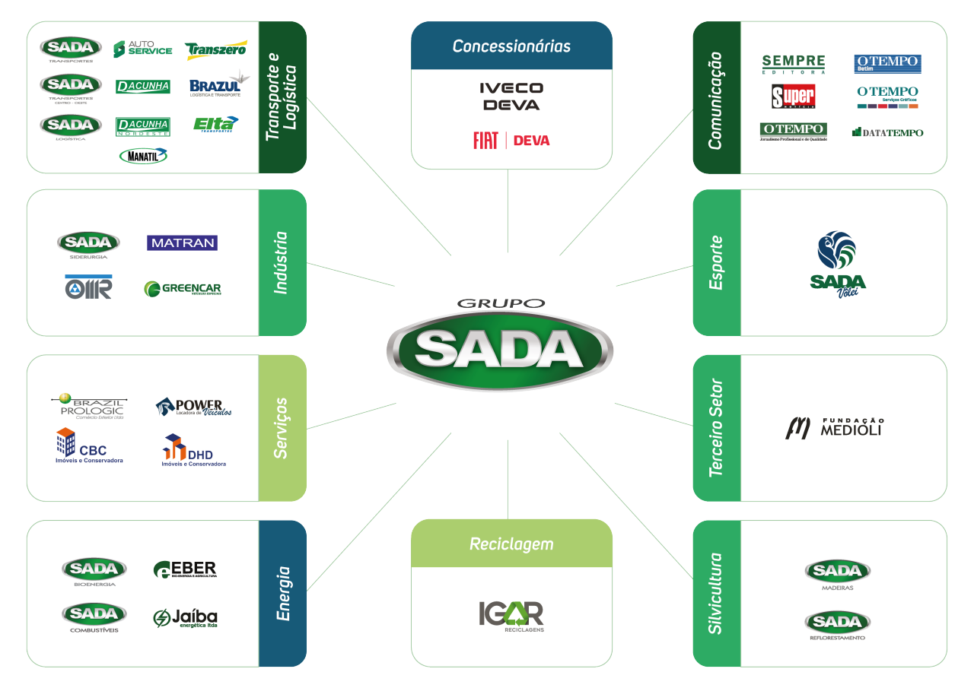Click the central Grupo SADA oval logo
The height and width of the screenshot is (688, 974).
(x=498, y=349)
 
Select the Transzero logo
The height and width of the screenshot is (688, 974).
(x=215, y=50)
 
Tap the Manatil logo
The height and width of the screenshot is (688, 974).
(x=143, y=156)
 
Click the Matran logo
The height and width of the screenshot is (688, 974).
(x=182, y=243)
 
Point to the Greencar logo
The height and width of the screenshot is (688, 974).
(x=182, y=289)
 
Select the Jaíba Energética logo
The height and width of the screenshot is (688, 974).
(x=185, y=618)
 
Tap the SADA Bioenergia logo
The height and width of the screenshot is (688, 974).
(x=94, y=571)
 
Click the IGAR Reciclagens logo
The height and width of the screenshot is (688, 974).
(x=511, y=616)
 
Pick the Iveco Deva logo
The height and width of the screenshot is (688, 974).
(x=511, y=97)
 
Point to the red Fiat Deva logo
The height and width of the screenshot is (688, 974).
(x=511, y=141)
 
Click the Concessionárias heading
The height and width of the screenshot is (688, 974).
(x=511, y=46)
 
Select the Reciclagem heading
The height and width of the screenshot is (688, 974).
(x=511, y=544)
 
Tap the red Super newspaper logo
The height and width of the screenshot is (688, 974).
(x=793, y=97)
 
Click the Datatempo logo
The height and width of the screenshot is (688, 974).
(x=887, y=132)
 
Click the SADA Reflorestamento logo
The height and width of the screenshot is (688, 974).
(x=837, y=626)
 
